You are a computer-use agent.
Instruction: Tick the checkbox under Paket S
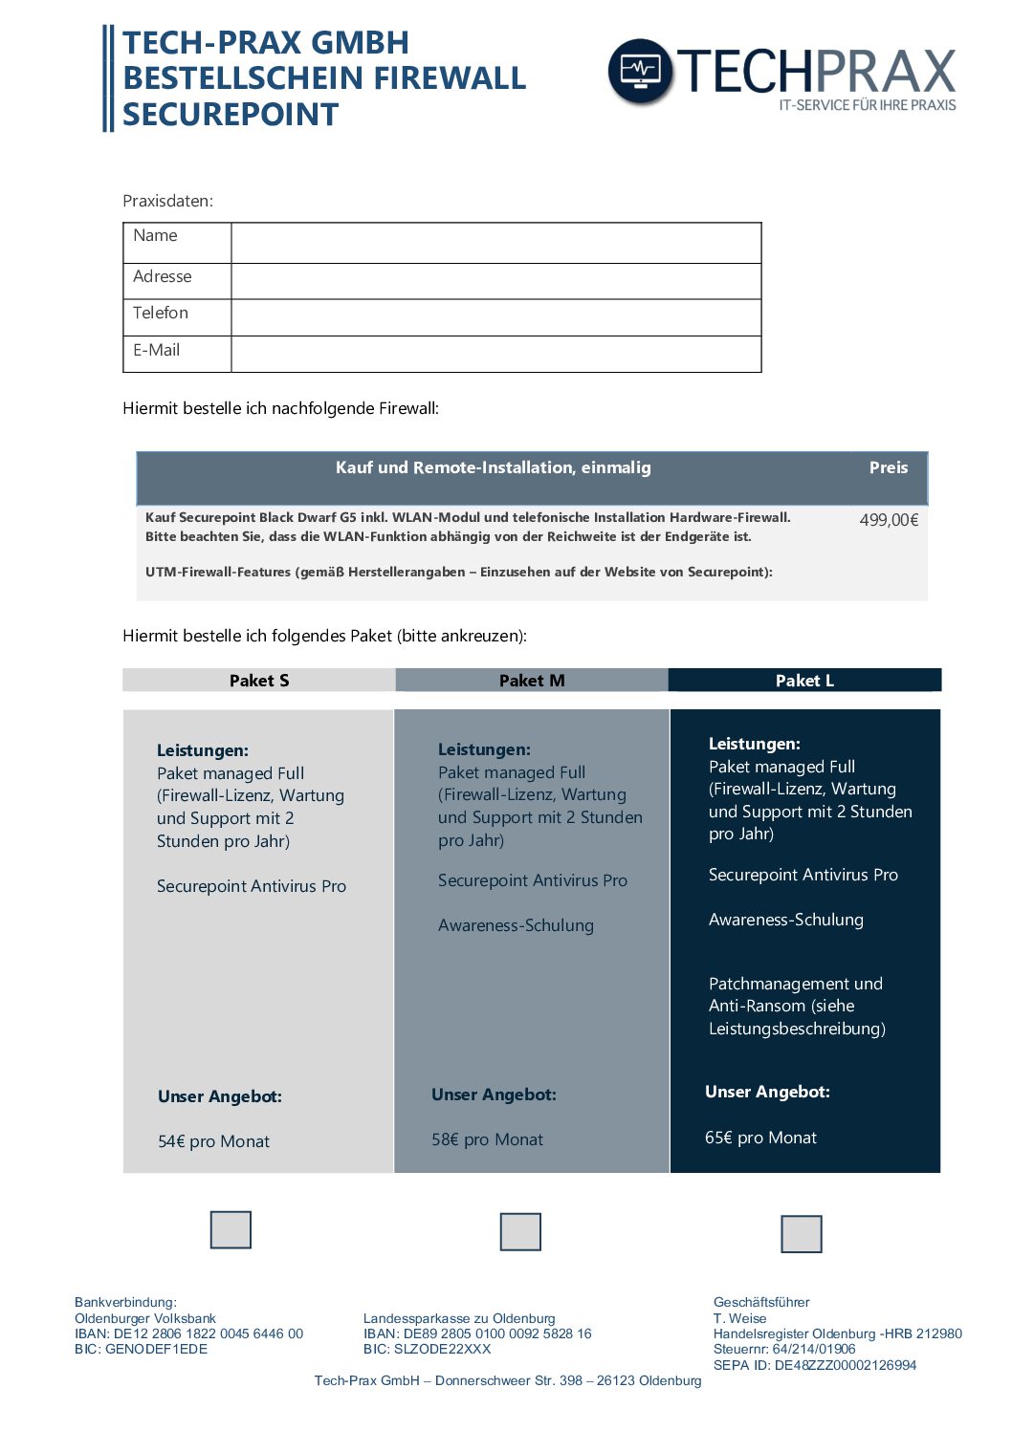pyautogui.click(x=231, y=1230)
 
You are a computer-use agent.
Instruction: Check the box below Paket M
pyautogui.click(x=520, y=1232)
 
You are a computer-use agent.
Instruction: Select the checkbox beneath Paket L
pyautogui.click(x=802, y=1234)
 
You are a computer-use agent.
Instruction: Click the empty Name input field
pyautogui.click(x=495, y=243)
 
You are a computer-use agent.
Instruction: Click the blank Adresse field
pyautogui.click(x=495, y=281)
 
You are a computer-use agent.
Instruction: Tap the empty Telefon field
pyautogui.click(x=495, y=317)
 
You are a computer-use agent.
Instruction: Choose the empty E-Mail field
pyautogui.click(x=495, y=354)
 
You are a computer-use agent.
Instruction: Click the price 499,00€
pyautogui.click(x=889, y=520)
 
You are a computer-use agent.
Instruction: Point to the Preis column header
pyautogui.click(x=889, y=467)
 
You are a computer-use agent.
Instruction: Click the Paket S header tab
pyautogui.click(x=259, y=681)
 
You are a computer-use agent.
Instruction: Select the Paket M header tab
pyautogui.click(x=532, y=681)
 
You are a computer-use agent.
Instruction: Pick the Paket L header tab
pyautogui.click(x=804, y=681)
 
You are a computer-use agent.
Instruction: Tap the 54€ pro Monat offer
pyautogui.click(x=213, y=1141)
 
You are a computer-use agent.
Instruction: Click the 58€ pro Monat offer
pyautogui.click(x=487, y=1139)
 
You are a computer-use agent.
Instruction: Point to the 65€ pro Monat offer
pyautogui.click(x=760, y=1138)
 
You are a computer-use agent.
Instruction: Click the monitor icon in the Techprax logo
pyautogui.click(x=640, y=71)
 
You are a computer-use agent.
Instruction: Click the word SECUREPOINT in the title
pyautogui.click(x=231, y=115)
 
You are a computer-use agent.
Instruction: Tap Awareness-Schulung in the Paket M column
pyautogui.click(x=516, y=925)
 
